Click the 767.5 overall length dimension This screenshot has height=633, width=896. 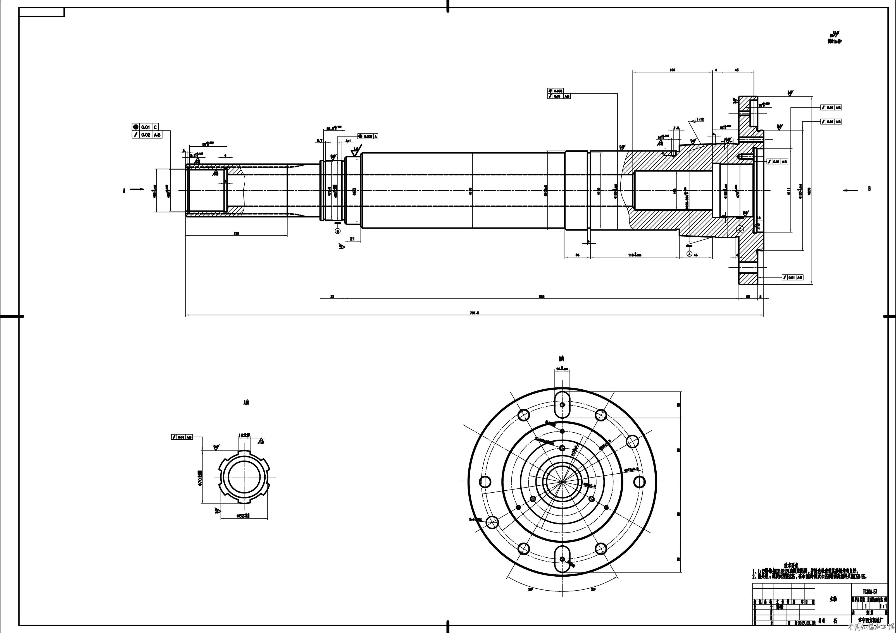[475, 313]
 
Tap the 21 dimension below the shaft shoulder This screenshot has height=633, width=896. [352, 239]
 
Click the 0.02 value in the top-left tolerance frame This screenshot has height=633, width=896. [146, 135]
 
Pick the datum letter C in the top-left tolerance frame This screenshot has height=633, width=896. [155, 127]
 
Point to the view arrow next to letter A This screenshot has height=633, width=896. [137, 190]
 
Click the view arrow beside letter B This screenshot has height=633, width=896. [851, 190]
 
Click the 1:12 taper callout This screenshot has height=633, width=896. [700, 119]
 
